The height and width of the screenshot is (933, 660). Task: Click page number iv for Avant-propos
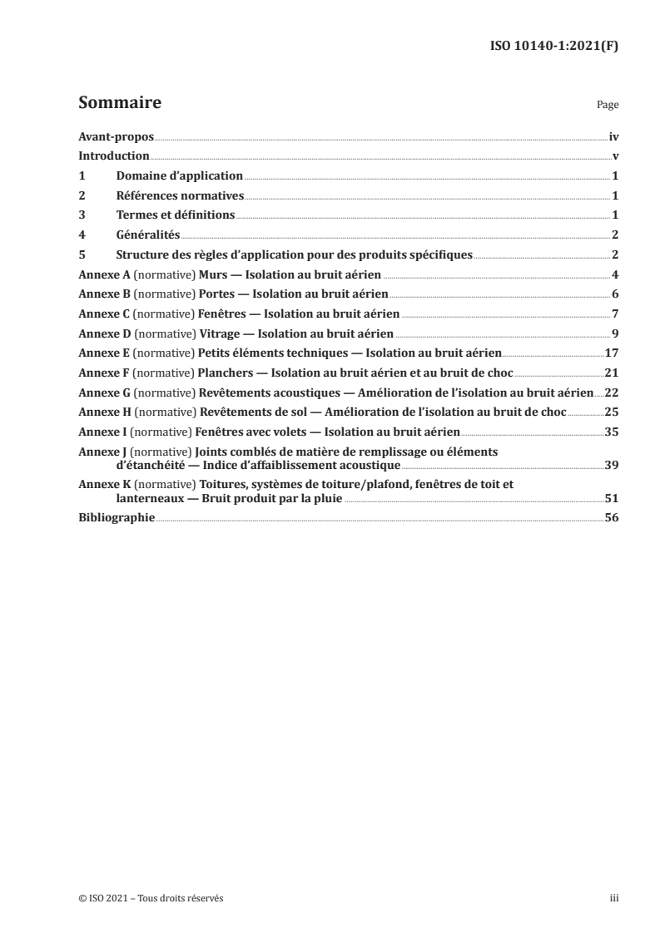[613, 137]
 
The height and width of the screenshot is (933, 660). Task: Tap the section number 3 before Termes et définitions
[81, 215]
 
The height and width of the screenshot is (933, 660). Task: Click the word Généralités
[148, 234]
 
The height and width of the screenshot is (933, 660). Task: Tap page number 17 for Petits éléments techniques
[612, 353]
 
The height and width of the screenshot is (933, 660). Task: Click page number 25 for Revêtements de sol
[612, 412]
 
